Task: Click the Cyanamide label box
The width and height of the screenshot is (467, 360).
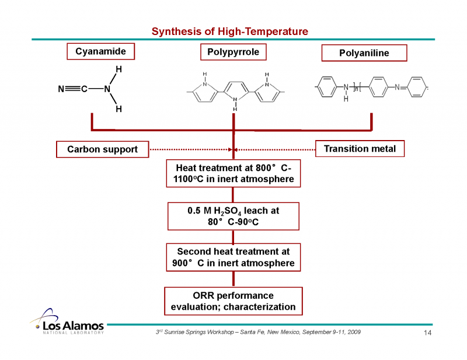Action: (x=100, y=52)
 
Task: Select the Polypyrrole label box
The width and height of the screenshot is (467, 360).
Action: (x=233, y=53)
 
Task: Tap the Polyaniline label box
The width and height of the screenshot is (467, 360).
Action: (x=364, y=54)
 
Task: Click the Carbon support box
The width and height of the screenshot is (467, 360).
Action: (x=102, y=149)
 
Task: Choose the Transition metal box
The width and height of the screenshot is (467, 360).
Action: (x=360, y=149)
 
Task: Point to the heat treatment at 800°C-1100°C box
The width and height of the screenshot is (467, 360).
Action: (x=233, y=173)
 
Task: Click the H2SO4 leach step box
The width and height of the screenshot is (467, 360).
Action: (x=233, y=216)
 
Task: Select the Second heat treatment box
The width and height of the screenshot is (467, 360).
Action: (x=233, y=257)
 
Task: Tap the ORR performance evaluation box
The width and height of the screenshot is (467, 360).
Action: (x=233, y=301)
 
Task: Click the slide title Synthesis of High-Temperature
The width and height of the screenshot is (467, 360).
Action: (x=229, y=31)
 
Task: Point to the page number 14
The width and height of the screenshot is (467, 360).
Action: (x=427, y=333)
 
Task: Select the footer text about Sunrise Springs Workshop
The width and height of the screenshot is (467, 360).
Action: (x=257, y=331)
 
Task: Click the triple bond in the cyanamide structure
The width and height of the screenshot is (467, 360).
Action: (x=73, y=89)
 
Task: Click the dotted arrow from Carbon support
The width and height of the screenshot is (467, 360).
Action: (x=190, y=150)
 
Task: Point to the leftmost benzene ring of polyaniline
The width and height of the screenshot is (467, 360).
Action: (x=327, y=88)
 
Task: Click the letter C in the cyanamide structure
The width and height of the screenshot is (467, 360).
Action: (x=85, y=89)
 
